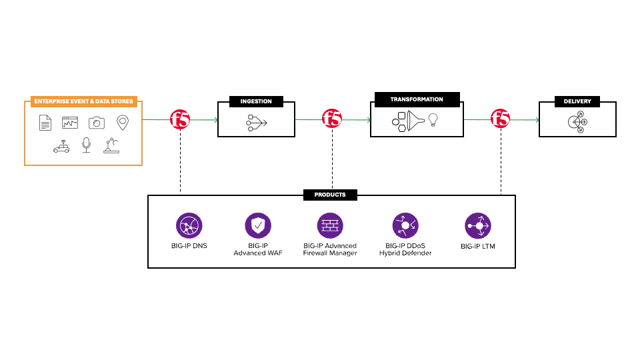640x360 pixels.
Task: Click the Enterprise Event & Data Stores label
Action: pos(83,102)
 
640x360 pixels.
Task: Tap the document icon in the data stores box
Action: pos(45,123)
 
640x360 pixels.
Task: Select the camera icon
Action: pos(97,123)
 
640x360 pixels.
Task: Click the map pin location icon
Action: pos(122,123)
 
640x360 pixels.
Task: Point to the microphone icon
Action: pos(86,145)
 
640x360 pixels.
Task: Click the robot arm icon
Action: pos(111,145)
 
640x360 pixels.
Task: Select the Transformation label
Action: pos(417,99)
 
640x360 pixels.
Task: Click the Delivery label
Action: pos(577,102)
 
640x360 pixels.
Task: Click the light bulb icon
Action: pos(433,120)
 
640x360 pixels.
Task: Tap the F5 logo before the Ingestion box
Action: pos(180,120)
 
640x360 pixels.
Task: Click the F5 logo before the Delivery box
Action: pos(501,120)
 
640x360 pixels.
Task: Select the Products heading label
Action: pos(330,195)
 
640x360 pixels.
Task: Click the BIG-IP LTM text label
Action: pos(478,246)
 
